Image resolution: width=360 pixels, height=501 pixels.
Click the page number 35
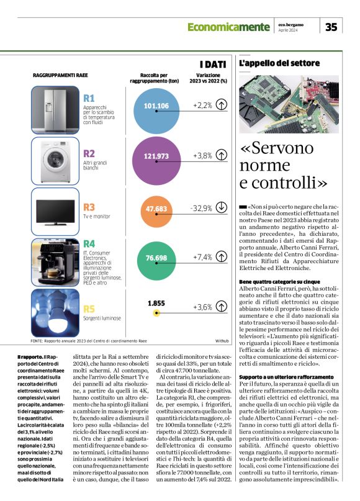tap(331, 26)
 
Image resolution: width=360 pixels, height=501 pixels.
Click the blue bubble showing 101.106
tap(156, 106)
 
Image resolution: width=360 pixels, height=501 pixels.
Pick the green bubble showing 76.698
tap(156, 256)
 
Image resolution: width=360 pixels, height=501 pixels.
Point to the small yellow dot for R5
tap(156, 313)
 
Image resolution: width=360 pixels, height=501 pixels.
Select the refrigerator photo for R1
tap(53, 107)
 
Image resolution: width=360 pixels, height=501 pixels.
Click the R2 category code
tap(89, 153)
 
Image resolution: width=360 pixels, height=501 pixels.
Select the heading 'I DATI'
tap(212, 64)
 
